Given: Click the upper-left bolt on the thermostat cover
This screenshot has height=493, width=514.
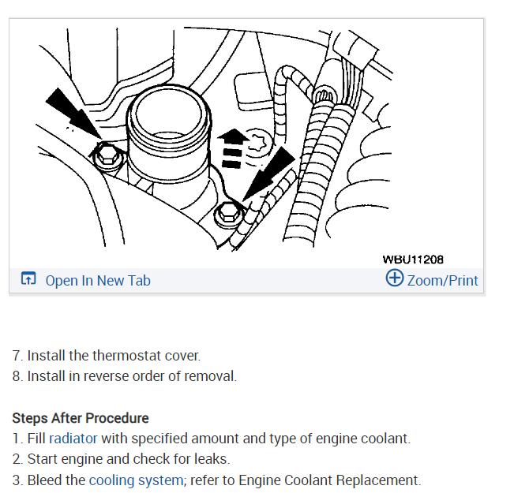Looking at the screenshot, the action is (106, 155).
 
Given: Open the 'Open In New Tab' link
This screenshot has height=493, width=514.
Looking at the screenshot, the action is (98, 280).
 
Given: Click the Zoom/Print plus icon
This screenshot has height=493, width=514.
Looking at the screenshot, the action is (395, 278).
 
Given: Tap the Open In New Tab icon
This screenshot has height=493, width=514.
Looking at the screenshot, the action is (29, 280).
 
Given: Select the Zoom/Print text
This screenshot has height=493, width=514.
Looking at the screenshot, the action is (443, 280).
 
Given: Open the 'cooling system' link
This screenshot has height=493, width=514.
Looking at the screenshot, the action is (135, 480).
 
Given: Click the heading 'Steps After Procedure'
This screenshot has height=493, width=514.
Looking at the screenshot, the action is (81, 417).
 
